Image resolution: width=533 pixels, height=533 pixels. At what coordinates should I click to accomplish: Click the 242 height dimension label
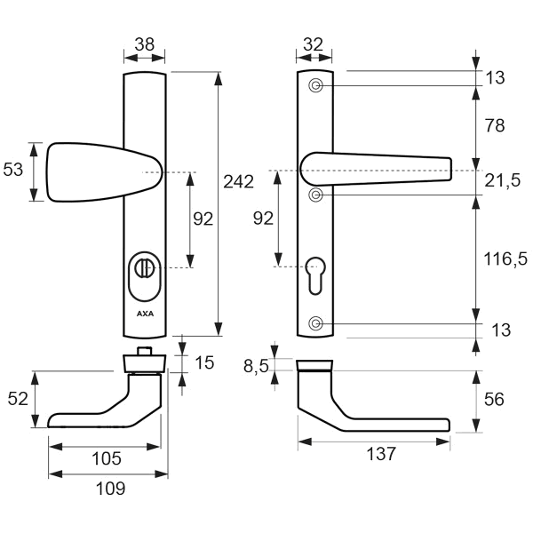(x=238, y=181)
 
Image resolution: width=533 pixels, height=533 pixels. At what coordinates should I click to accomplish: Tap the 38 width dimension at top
(x=145, y=44)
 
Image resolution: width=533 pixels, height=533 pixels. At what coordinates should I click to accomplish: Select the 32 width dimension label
(x=313, y=44)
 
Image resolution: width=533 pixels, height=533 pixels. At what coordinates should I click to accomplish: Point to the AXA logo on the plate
(x=145, y=314)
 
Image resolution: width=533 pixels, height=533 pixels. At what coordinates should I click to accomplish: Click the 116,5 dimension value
(x=505, y=259)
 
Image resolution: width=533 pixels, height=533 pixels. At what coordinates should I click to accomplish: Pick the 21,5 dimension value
(x=502, y=180)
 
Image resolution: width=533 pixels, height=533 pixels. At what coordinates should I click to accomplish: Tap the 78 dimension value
(x=495, y=125)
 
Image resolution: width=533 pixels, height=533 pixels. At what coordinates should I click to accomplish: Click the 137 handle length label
(x=381, y=453)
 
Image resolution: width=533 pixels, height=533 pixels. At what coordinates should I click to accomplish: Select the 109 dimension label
(x=110, y=489)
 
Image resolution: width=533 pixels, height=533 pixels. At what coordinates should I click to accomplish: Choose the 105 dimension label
(x=107, y=458)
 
